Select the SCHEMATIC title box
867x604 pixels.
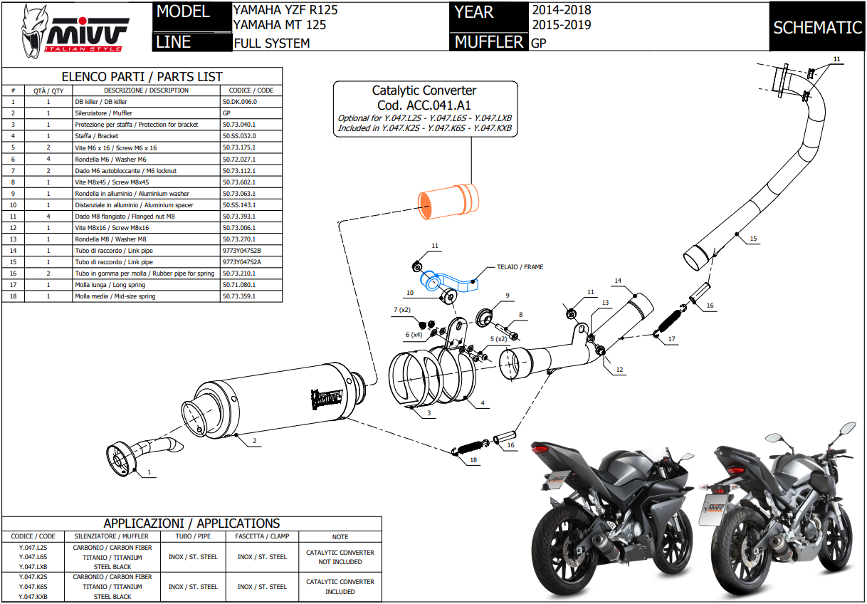pyautogui.click(x=817, y=27)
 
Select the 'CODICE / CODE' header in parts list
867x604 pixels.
pyautogui.click(x=251, y=90)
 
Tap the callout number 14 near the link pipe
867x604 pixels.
pyautogui.click(x=618, y=281)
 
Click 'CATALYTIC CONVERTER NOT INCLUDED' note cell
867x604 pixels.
pyautogui.click(x=340, y=557)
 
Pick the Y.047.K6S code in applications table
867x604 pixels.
pyautogui.click(x=33, y=586)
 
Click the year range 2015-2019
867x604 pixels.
pyautogui.click(x=561, y=26)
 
